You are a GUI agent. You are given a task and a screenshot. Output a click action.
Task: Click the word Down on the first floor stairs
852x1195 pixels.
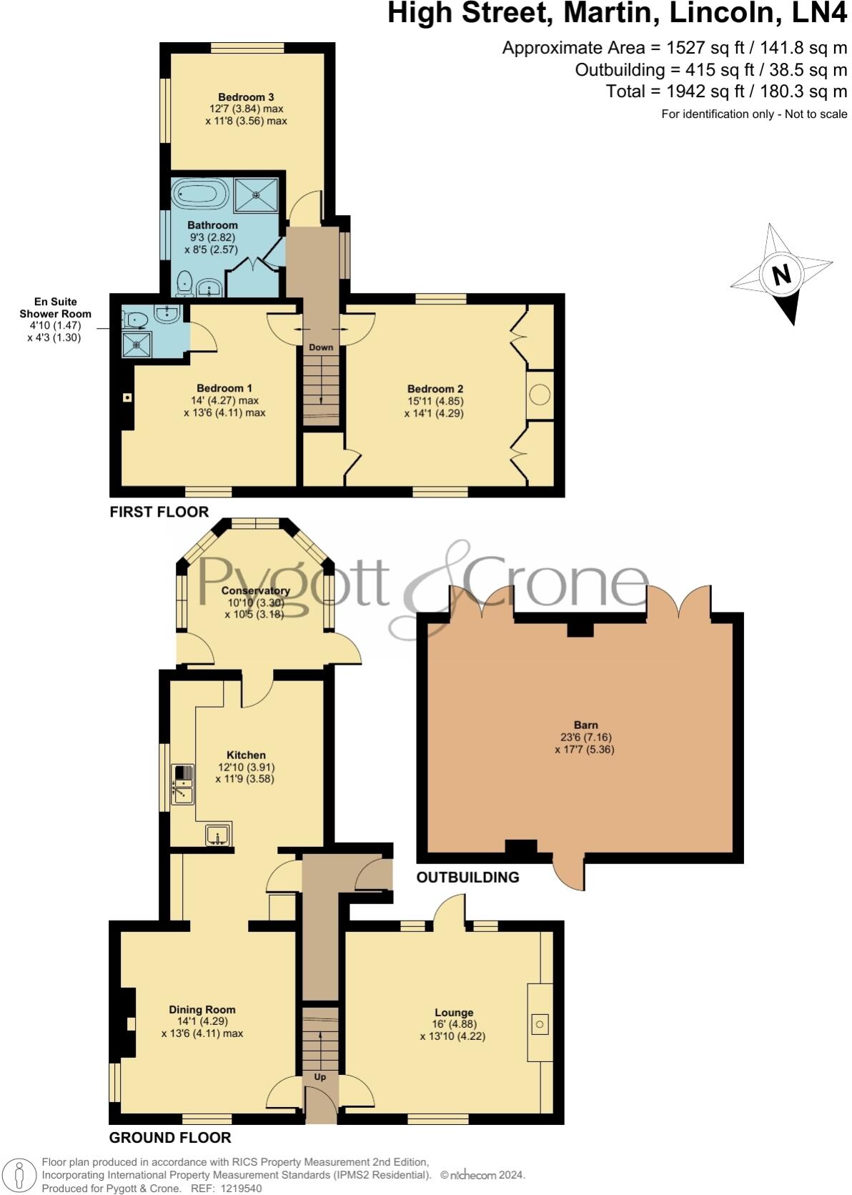[x=321, y=347]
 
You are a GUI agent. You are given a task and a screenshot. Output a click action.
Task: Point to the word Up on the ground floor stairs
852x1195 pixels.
[x=319, y=1076]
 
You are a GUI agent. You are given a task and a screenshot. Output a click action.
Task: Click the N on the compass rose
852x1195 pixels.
[x=782, y=274]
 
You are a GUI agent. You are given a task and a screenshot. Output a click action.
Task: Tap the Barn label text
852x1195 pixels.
[x=585, y=725]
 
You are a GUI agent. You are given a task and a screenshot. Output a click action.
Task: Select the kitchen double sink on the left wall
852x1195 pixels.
[x=183, y=784]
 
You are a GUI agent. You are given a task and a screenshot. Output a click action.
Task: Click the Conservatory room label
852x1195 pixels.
[x=255, y=590]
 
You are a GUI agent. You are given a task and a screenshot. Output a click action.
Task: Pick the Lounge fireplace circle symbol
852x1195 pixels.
[x=540, y=1024]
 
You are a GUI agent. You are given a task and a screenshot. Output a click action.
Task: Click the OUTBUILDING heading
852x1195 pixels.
[x=467, y=877]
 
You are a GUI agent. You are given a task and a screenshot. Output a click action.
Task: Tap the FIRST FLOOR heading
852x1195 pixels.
[x=159, y=512]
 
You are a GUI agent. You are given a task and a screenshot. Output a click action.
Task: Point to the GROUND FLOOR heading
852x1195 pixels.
[x=170, y=1138]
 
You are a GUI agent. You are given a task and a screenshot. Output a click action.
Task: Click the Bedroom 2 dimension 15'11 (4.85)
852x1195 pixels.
[x=435, y=401]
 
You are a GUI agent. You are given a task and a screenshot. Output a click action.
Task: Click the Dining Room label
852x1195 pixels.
[x=202, y=1010]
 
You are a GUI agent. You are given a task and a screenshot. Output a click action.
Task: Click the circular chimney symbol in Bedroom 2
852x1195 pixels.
[x=540, y=395]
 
